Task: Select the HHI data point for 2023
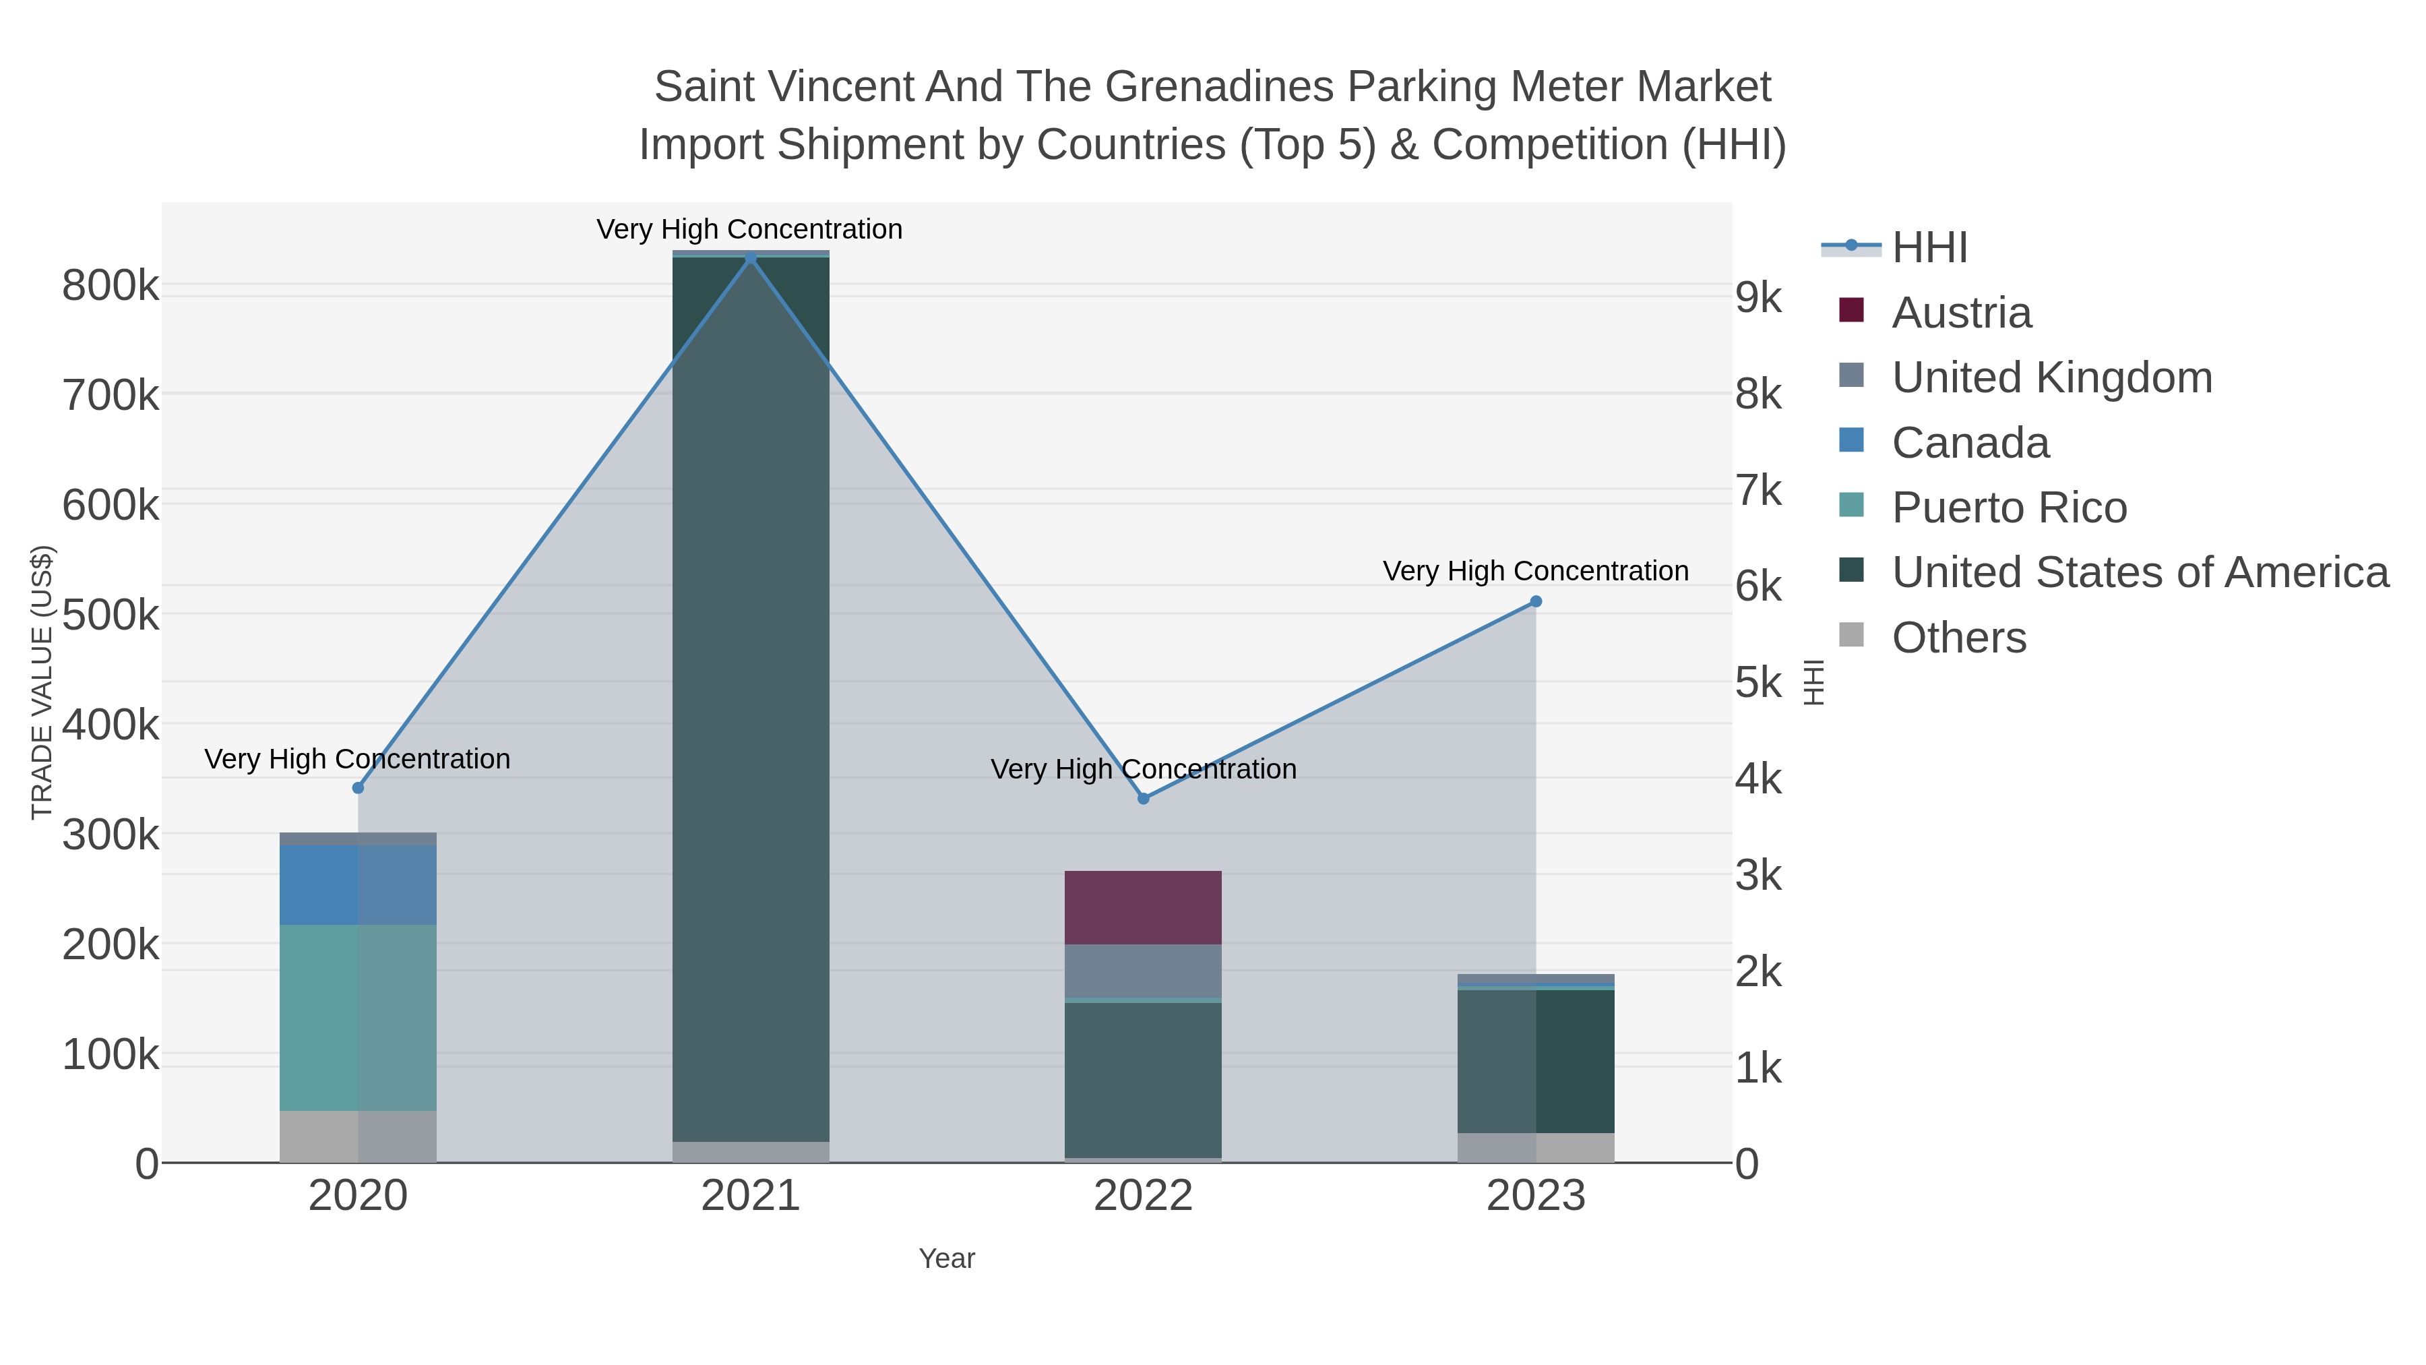tap(1535, 601)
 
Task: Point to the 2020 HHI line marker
tap(358, 787)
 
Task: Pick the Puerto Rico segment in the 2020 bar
tap(358, 1017)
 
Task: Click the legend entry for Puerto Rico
tap(2009, 507)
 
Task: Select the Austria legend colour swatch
tap(1850, 311)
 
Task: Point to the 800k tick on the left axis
tap(111, 285)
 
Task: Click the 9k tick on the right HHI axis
tap(1758, 298)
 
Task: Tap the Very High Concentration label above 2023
tap(1535, 571)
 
